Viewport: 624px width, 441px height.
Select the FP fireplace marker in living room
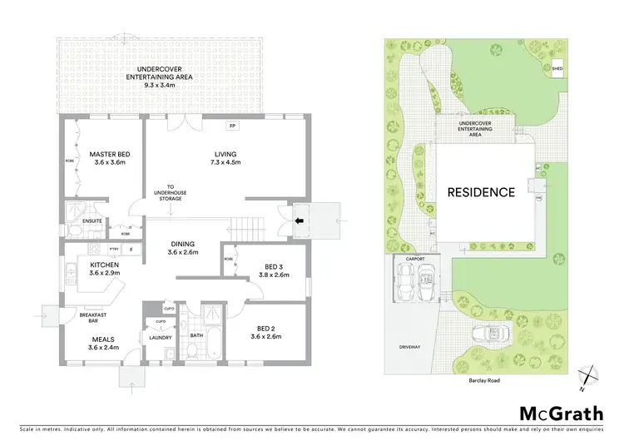coord(232,126)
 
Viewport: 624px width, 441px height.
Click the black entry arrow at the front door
coord(300,220)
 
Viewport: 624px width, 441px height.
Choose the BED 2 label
coord(267,332)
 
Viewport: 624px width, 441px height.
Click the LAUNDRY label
coord(160,338)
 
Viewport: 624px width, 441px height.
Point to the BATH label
coord(196,336)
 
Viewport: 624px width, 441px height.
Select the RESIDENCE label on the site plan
coord(481,192)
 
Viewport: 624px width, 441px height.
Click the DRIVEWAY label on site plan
coord(411,347)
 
